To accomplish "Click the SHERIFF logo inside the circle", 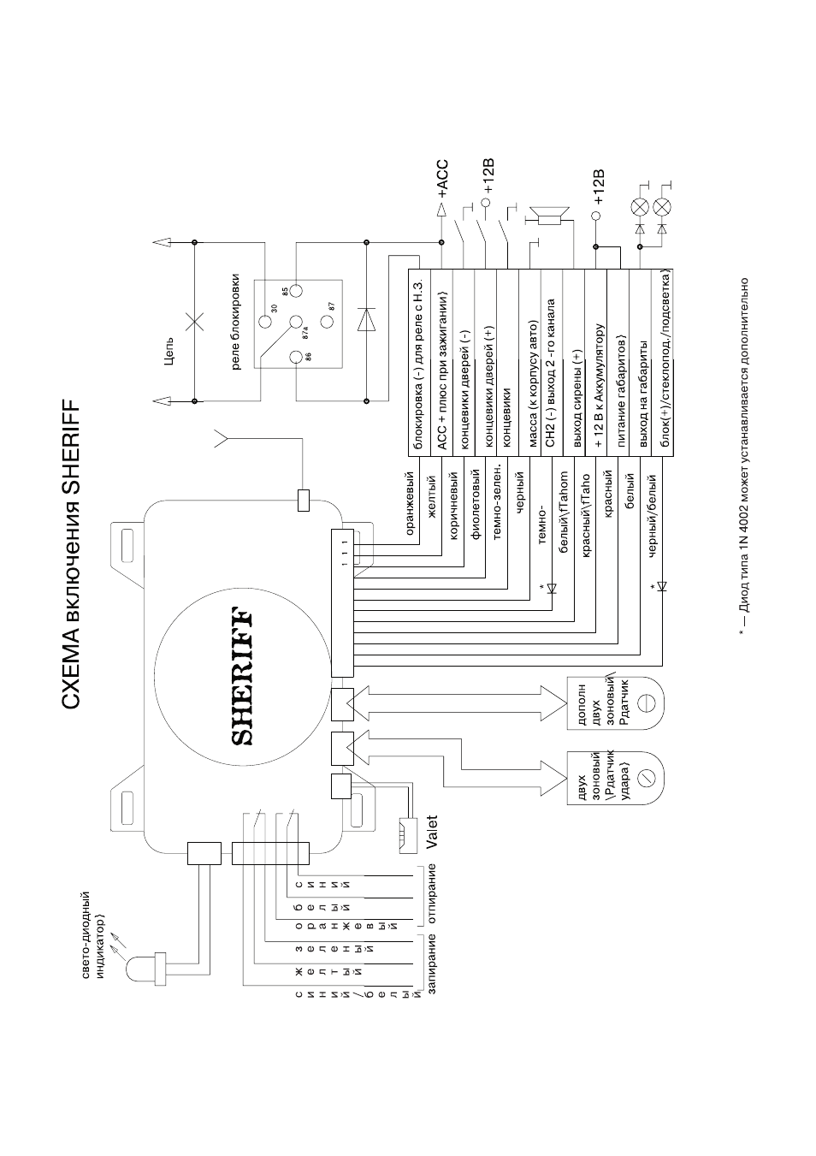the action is coord(241,678).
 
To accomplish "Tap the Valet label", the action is coord(430,832).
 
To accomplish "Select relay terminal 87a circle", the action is coord(295,323).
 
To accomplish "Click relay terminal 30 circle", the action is coord(264,323).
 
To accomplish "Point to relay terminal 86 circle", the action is coord(296,357).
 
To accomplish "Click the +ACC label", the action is coord(442,179).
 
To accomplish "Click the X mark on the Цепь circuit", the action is coord(194,322).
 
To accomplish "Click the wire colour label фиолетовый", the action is coord(476,504).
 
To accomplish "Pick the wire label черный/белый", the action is coord(652,516).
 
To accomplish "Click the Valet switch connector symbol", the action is coord(407,833).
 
